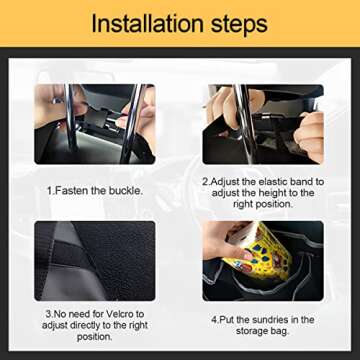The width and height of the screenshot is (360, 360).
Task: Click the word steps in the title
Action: click(x=240, y=23)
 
